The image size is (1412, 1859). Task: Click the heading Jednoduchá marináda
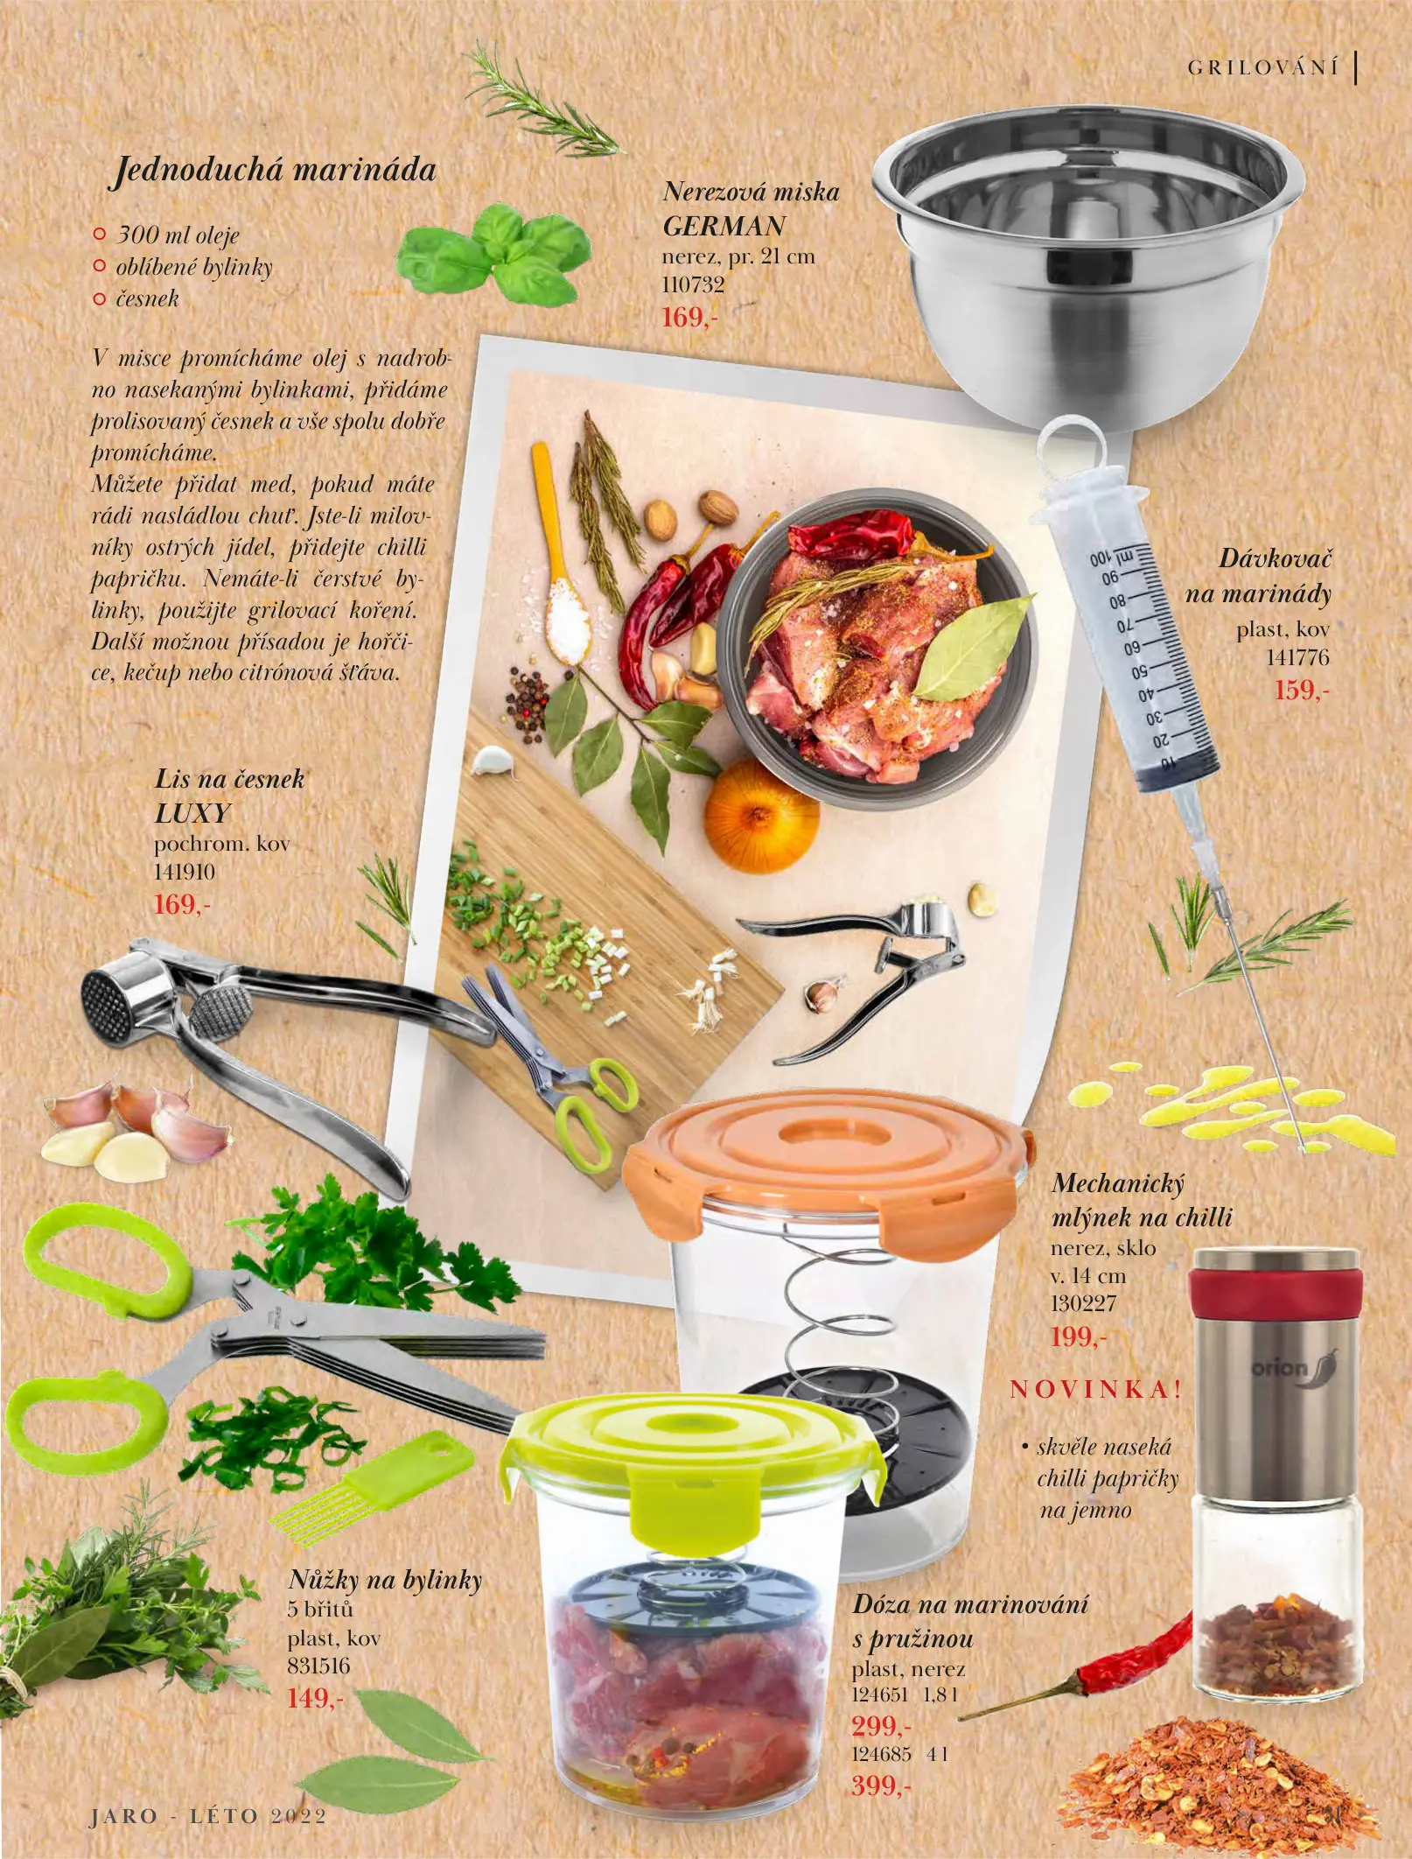pyautogui.click(x=273, y=169)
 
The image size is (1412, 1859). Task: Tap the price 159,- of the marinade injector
pyautogui.click(x=1301, y=690)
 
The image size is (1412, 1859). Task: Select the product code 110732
pyautogui.click(x=693, y=284)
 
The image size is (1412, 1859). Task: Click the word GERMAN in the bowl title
pyautogui.click(x=723, y=226)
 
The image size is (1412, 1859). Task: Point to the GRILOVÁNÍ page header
pyautogui.click(x=1262, y=68)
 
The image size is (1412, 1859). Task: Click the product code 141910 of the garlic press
pyautogui.click(x=184, y=872)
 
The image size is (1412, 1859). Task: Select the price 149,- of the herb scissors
pyautogui.click(x=315, y=1698)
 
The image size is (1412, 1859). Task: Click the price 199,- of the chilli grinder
pyautogui.click(x=1078, y=1336)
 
